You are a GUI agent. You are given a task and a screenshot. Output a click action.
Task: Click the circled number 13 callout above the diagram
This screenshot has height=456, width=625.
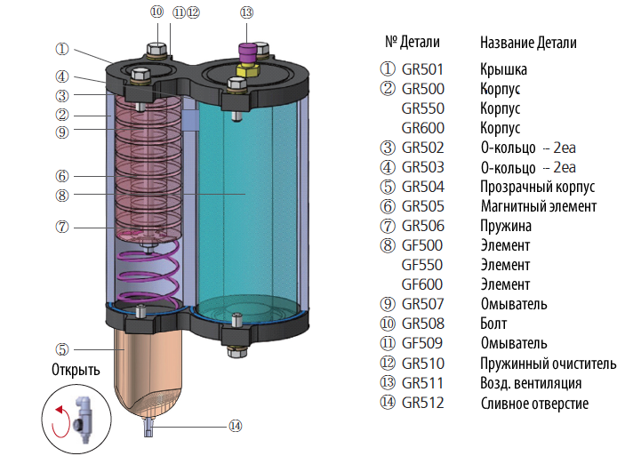pyautogui.click(x=246, y=12)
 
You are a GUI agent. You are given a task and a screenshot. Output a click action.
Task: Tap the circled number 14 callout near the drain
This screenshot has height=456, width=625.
pyautogui.click(x=235, y=426)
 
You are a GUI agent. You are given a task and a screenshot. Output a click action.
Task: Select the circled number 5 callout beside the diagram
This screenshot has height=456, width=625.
pyautogui.click(x=61, y=349)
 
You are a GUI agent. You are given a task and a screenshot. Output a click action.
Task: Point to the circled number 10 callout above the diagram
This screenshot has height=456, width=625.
pyautogui.click(x=157, y=12)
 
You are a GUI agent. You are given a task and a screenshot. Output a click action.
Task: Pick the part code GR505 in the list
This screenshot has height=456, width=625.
pyautogui.click(x=423, y=206)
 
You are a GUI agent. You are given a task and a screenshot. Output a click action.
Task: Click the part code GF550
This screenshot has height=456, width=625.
pyautogui.click(x=423, y=265)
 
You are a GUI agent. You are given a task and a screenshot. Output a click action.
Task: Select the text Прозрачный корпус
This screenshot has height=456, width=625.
pyautogui.click(x=537, y=187)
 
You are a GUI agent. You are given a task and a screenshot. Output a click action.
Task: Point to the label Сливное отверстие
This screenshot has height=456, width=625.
pyautogui.click(x=533, y=404)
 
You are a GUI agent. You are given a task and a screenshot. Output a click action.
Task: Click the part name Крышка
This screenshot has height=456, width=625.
pyautogui.click(x=504, y=68)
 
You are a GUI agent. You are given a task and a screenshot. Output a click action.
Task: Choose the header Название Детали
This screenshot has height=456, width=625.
pyautogui.click(x=528, y=43)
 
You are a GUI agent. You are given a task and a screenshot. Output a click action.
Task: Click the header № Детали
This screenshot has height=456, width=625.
pyautogui.click(x=413, y=42)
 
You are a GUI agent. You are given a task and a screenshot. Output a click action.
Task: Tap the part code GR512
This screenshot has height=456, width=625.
pyautogui.click(x=423, y=404)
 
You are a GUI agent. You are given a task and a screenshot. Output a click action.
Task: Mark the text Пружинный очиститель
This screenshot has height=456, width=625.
pyautogui.click(x=548, y=364)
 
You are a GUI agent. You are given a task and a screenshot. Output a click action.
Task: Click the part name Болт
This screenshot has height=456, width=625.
pyautogui.click(x=494, y=324)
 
